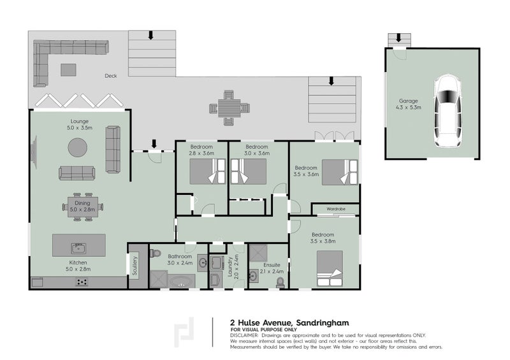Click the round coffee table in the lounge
tap(78, 147)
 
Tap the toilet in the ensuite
tap(279, 280)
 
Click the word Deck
tap(111, 76)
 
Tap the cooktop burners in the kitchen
tap(82, 282)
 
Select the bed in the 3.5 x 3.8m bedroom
tap(330, 266)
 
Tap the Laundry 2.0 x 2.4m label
tap(234, 268)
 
